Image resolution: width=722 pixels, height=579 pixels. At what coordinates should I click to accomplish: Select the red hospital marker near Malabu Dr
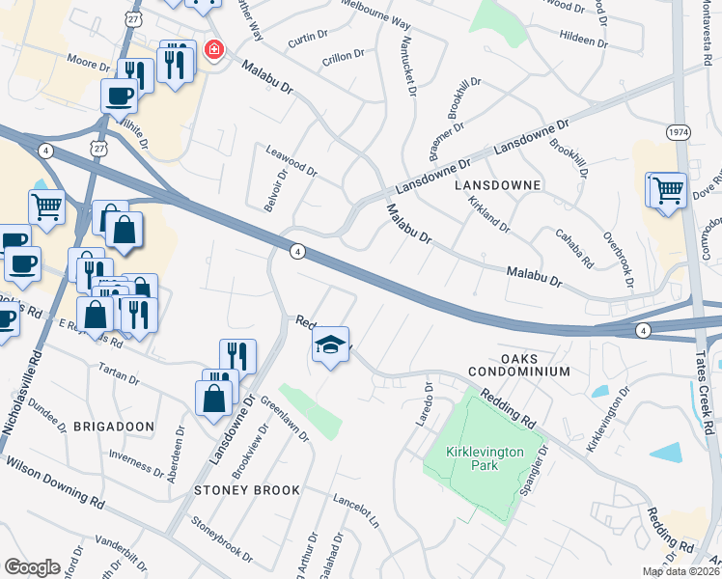pyautogui.click(x=211, y=50)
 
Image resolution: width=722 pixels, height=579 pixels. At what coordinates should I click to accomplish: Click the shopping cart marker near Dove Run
pyautogui.click(x=667, y=189)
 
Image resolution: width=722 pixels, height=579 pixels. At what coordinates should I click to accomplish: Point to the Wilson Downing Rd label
pyautogui.click(x=55, y=482)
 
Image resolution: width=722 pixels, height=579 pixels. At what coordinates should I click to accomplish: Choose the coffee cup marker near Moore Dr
pyautogui.click(x=120, y=96)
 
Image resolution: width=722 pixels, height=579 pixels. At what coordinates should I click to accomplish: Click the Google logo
pyautogui.click(x=32, y=567)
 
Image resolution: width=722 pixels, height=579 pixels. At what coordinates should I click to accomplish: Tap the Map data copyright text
pyautogui.click(x=681, y=571)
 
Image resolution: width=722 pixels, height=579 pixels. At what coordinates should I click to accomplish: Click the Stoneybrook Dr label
pyautogui.click(x=222, y=543)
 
